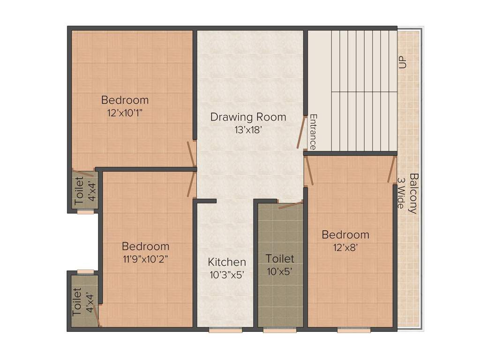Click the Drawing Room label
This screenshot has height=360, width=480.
point(248,117)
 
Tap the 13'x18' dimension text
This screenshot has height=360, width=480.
point(248,130)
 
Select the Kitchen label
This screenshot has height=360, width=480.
point(227,262)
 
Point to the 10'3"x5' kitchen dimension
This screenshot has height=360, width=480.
point(226,275)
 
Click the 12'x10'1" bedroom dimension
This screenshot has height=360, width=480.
point(125,113)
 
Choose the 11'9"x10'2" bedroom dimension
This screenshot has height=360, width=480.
point(145,260)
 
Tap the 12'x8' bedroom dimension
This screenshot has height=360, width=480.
point(345,247)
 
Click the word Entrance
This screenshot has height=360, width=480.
point(313,132)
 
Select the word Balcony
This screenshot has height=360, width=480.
point(413,194)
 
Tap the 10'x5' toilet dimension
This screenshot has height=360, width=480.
point(280,271)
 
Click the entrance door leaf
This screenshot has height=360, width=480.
point(302,132)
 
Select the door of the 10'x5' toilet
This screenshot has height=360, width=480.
point(291,205)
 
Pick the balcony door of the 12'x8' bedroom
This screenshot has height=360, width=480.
point(391,170)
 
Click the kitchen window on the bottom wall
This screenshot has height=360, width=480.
point(225,330)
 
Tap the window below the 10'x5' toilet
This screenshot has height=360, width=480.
point(280,330)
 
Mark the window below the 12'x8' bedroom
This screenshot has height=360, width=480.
point(354,330)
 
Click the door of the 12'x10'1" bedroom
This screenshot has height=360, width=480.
point(191,154)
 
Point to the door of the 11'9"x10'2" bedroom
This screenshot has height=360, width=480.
point(192,184)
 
